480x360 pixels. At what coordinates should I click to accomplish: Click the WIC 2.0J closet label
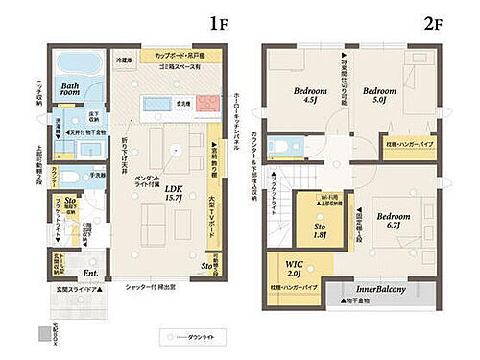tap(295, 270)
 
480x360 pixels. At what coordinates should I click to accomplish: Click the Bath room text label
tap(73, 90)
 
